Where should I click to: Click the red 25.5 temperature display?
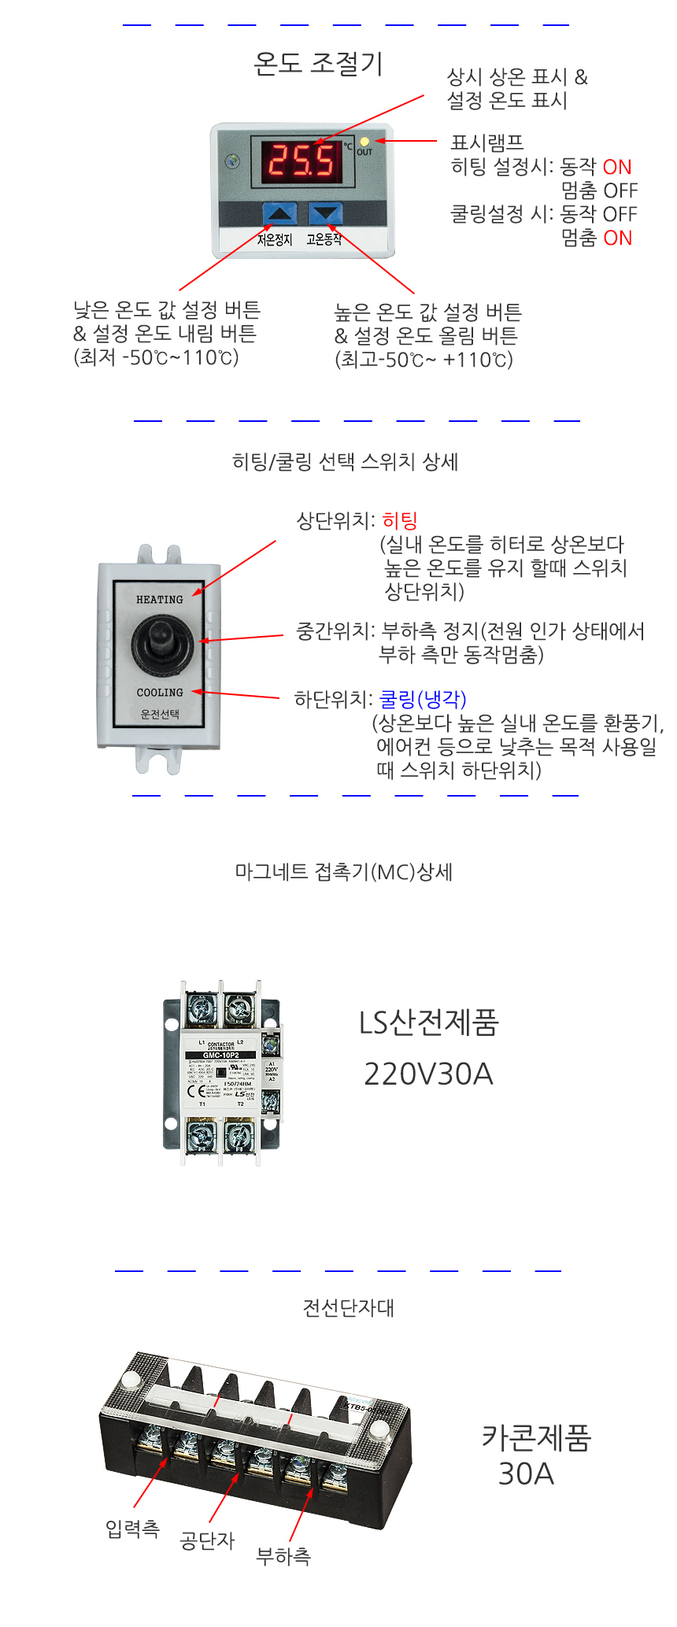click(302, 161)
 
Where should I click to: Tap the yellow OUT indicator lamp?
click(364, 142)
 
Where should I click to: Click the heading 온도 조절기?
click(318, 64)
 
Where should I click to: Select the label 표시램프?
click(486, 142)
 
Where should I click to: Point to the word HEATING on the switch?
click(159, 600)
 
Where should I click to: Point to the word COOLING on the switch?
click(159, 693)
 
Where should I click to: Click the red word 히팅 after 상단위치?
click(400, 520)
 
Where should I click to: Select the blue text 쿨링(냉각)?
click(423, 699)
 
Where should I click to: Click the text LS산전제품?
click(428, 1022)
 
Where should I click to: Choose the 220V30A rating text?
click(428, 1074)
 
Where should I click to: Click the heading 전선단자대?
click(348, 1308)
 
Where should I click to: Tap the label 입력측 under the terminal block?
click(132, 1529)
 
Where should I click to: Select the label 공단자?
click(207, 1540)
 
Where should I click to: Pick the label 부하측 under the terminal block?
click(283, 1556)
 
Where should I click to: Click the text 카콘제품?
click(536, 1438)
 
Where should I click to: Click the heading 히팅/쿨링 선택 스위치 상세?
click(345, 461)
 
